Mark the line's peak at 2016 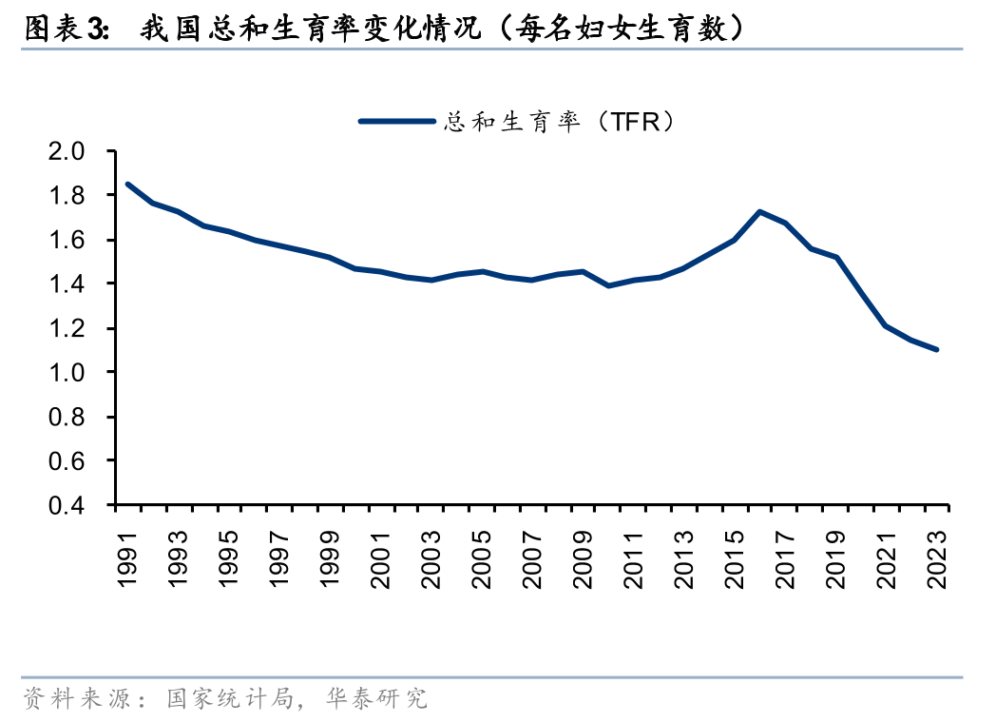[x=759, y=211]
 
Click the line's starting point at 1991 [x=127, y=185]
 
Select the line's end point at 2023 [x=937, y=350]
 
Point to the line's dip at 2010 [x=608, y=285]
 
